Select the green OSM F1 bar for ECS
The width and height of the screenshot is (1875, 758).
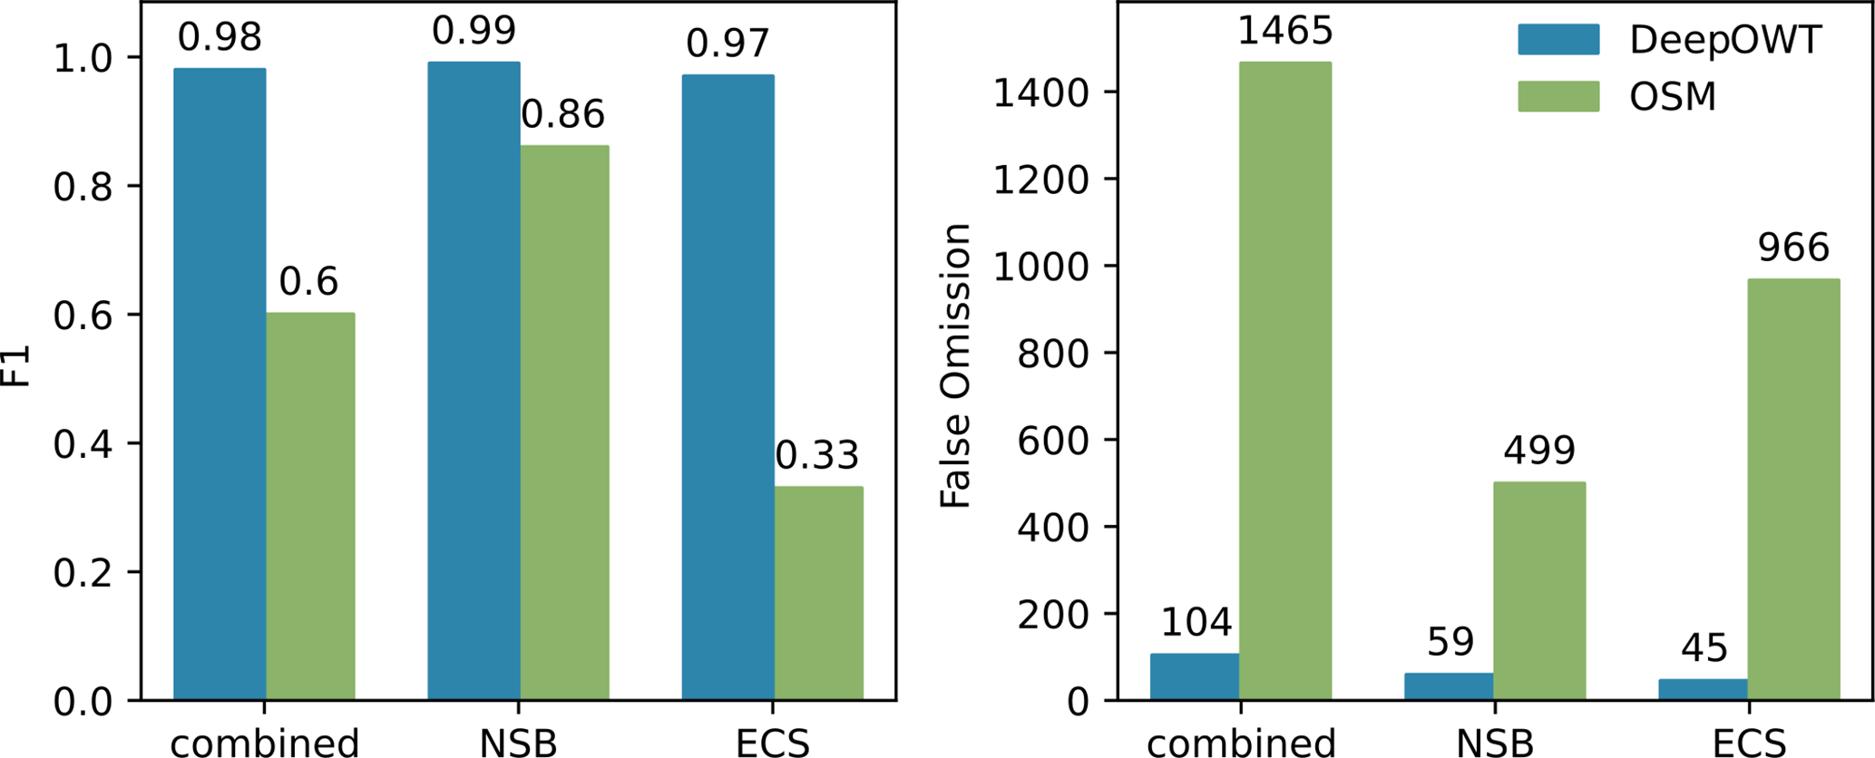click(x=818, y=593)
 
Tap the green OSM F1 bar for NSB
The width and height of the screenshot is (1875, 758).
click(x=564, y=423)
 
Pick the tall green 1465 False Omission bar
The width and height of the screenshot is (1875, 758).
click(x=1285, y=381)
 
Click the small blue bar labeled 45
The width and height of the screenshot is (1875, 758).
click(x=1703, y=689)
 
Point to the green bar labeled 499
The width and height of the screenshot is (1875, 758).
click(x=1539, y=590)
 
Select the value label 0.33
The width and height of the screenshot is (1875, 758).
click(x=816, y=455)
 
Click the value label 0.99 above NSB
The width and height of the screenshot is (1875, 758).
click(x=474, y=31)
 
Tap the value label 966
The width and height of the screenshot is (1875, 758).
click(x=1792, y=248)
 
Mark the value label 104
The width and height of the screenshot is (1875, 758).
click(x=1196, y=622)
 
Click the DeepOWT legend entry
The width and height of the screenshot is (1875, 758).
click(x=1669, y=40)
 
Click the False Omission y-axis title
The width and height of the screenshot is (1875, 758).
click(x=955, y=365)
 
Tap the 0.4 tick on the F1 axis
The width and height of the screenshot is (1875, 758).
click(x=82, y=443)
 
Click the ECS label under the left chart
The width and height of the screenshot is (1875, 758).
click(x=772, y=743)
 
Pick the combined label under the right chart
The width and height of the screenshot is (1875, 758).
click(x=1240, y=743)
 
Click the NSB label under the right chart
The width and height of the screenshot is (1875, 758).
click(x=1494, y=743)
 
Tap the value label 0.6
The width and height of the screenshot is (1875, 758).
click(x=308, y=282)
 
